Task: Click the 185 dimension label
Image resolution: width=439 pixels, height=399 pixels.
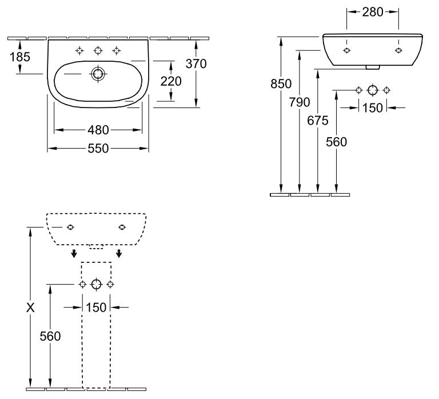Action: pos(20,57)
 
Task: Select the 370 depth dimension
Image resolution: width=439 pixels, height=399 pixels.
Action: pos(196,64)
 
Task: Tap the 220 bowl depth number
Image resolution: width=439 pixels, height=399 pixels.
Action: pos(171,81)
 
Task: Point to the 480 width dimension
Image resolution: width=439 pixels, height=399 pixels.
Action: pos(98,130)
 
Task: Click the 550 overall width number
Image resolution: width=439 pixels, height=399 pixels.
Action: pos(98,149)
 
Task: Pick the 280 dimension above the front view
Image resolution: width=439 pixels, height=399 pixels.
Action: pos(373,12)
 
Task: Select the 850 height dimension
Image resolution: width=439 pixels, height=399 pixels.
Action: pos(281,83)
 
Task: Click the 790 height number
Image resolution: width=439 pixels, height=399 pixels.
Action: pos(300,102)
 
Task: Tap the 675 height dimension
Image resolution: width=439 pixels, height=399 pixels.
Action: pos(318,121)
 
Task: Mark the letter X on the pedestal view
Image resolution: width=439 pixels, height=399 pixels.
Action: pos(30,308)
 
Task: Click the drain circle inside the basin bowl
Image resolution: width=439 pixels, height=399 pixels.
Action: pos(98,74)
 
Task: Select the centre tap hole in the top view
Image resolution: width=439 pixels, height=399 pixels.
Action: pos(98,51)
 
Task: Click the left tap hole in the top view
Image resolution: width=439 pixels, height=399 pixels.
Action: pos(80,51)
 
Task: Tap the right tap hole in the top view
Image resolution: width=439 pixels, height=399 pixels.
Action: pos(117,51)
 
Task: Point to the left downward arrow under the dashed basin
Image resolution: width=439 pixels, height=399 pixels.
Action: pos(74,253)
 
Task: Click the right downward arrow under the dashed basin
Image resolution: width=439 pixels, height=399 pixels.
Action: pos(119,253)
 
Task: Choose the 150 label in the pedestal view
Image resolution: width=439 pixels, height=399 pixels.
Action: pos(96,308)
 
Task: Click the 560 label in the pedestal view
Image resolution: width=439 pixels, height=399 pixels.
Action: pos(50,336)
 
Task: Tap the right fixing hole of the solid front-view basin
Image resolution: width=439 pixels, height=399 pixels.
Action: pos(398,50)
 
